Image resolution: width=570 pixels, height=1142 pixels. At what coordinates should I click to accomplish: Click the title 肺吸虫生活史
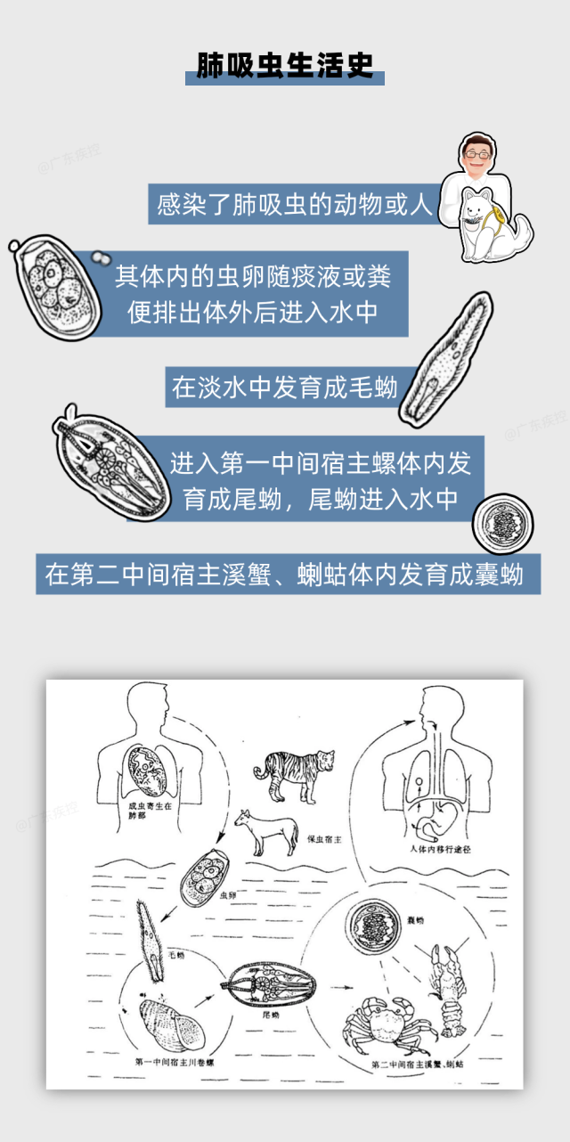click(285, 66)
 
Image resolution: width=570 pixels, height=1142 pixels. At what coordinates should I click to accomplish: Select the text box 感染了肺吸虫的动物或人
click(295, 205)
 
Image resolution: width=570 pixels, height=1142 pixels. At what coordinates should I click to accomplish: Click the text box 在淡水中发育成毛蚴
click(284, 387)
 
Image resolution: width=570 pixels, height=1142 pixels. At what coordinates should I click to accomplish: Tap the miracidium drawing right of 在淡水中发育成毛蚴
click(443, 361)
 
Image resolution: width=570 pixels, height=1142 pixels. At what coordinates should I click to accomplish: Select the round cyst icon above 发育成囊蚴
click(502, 526)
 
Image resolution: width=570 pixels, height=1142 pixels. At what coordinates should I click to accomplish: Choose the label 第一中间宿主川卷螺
click(178, 1062)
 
